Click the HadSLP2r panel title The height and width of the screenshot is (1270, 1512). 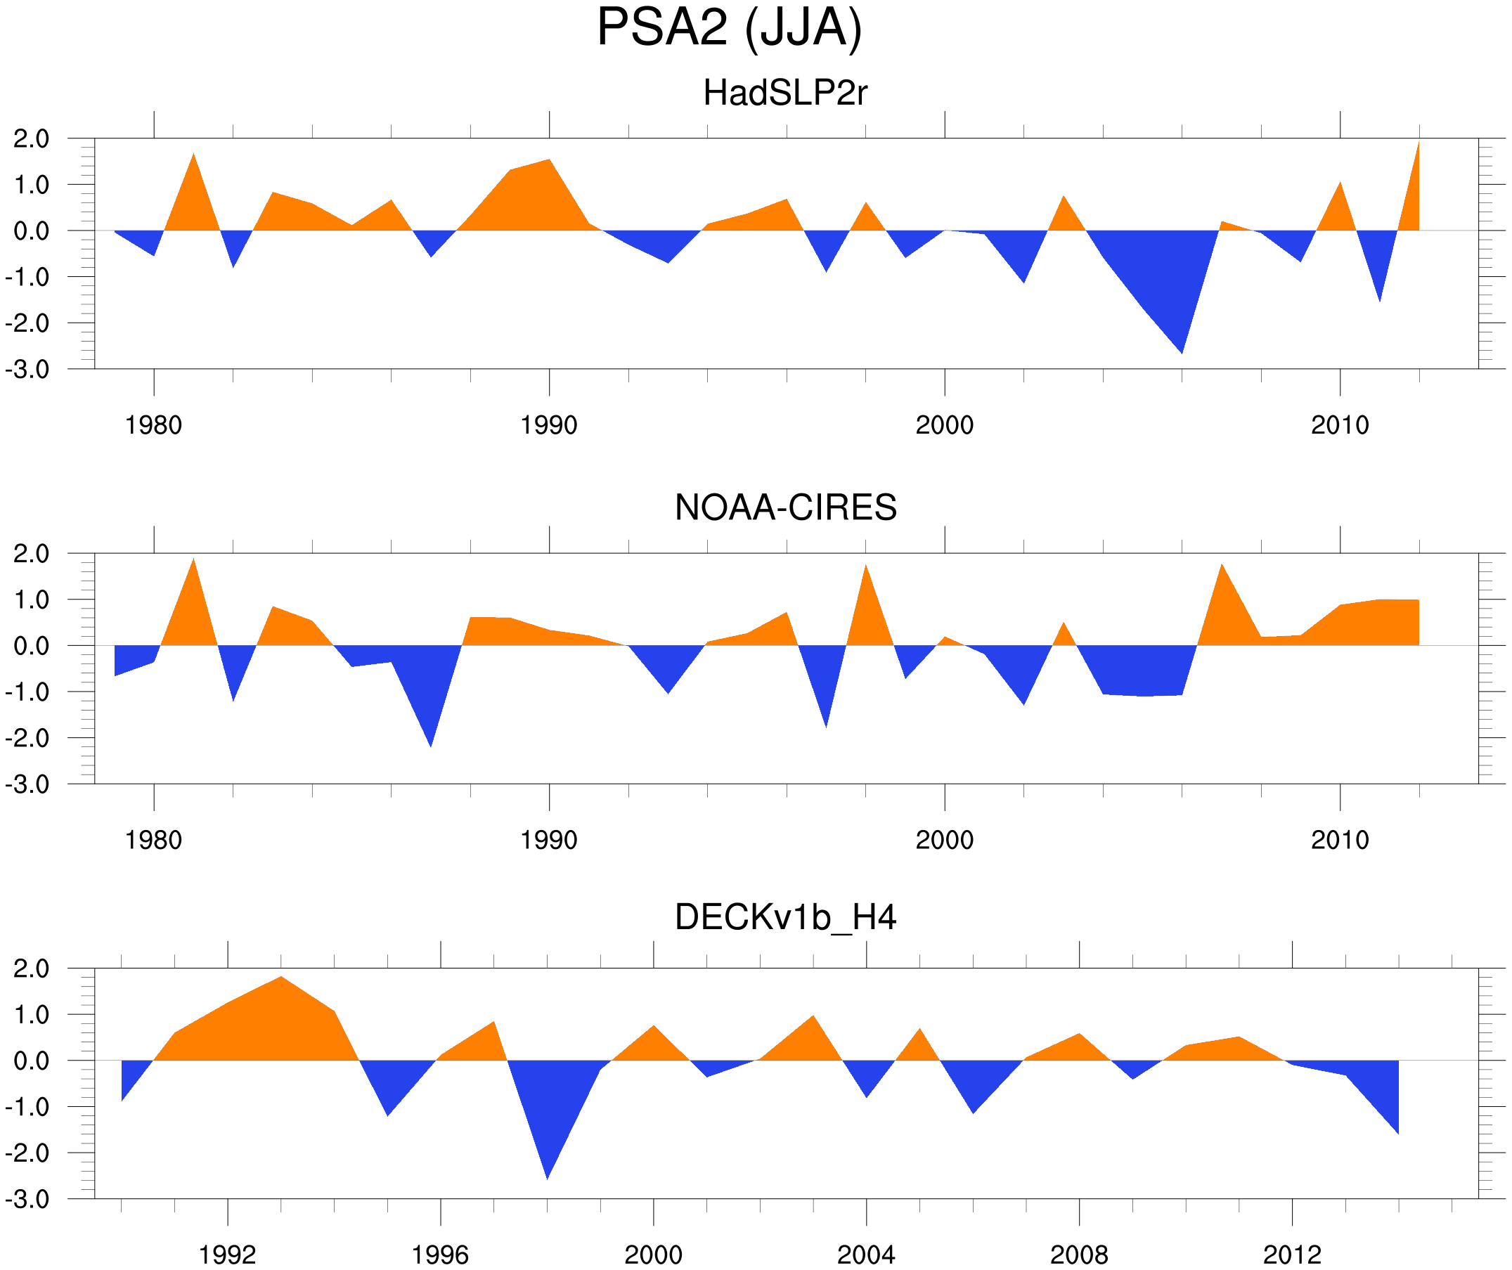(784, 93)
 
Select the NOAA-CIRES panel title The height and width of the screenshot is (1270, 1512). (785, 507)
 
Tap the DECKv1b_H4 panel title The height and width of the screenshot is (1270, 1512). (785, 917)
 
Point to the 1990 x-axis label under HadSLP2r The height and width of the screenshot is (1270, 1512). (549, 425)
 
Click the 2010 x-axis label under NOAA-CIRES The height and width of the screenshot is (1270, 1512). (1339, 840)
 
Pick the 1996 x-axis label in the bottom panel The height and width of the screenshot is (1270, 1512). (440, 1255)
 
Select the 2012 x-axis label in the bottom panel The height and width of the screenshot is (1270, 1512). (1292, 1255)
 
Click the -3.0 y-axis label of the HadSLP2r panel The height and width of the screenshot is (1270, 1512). (27, 370)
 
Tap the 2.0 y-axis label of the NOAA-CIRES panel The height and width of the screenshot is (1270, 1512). (31, 554)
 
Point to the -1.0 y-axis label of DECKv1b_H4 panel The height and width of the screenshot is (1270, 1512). (27, 1107)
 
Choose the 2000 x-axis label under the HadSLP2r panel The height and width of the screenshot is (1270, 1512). (944, 425)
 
